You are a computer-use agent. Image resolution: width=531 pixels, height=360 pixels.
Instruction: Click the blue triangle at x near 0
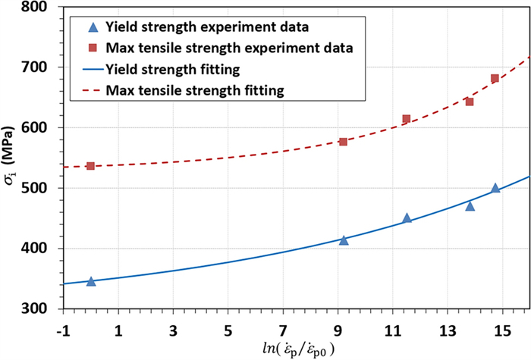tap(91, 281)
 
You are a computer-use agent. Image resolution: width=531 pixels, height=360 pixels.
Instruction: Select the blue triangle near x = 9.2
tap(344, 240)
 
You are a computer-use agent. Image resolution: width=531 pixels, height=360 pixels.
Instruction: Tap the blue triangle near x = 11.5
tap(407, 218)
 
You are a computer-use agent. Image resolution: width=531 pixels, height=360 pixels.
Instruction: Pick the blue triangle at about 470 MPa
tap(470, 206)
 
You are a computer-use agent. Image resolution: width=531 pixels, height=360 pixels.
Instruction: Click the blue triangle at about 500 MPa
tap(495, 188)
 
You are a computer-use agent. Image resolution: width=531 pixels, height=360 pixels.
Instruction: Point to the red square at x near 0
tap(91, 166)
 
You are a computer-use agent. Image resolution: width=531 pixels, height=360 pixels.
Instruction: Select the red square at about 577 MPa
tap(344, 142)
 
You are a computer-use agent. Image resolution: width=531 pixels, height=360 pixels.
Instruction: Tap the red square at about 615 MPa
tap(407, 119)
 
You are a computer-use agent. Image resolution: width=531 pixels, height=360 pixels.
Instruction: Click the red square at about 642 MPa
tap(470, 102)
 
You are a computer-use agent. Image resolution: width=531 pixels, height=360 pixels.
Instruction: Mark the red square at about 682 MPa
tap(495, 79)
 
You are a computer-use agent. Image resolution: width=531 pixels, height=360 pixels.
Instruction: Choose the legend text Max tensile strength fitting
tap(196, 91)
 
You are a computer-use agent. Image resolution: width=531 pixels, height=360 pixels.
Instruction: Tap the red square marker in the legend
tap(93, 49)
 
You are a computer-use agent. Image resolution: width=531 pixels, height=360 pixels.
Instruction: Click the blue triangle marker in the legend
tap(93, 28)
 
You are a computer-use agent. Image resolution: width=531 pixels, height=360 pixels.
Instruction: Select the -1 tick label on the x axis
tap(63, 330)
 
